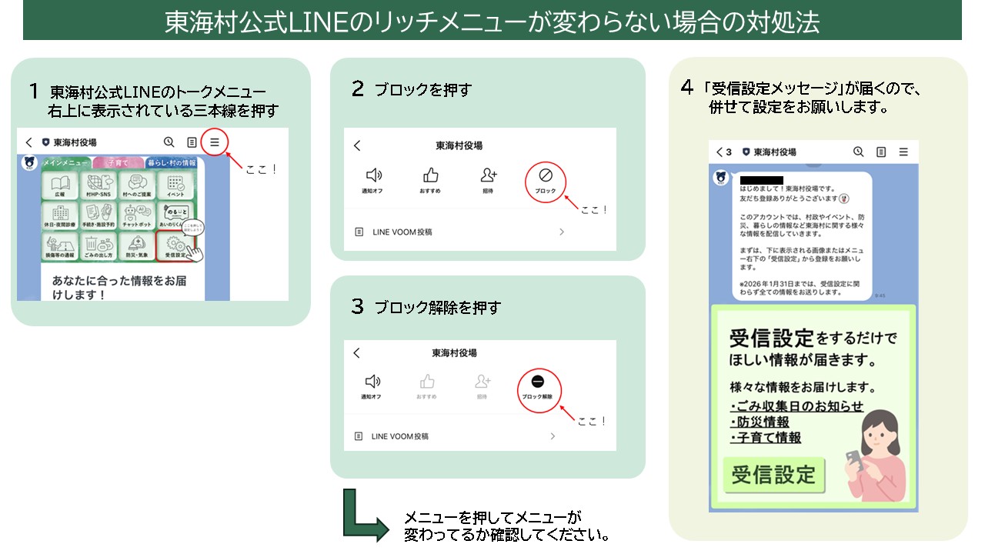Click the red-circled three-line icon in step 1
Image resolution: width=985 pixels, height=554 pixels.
coord(215,142)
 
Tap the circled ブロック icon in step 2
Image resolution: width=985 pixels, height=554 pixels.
coord(546,176)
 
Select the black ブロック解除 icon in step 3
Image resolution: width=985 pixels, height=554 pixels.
coord(538,382)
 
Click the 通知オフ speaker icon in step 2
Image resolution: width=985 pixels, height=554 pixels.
coord(373,175)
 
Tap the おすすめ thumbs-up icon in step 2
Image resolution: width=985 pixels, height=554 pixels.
coord(431,175)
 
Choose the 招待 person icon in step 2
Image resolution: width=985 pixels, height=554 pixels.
coord(489,175)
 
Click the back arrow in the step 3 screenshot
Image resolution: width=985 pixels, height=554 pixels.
coord(356,353)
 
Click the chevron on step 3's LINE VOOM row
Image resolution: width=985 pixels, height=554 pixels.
coord(553,436)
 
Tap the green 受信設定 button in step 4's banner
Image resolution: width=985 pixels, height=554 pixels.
coord(773,476)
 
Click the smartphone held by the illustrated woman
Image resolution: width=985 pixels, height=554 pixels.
coord(854,459)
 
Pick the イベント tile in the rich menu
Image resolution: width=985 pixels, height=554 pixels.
coord(175,186)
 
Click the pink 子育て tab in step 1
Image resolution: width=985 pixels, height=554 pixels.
coord(118,162)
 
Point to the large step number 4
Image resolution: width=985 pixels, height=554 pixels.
coord(687,88)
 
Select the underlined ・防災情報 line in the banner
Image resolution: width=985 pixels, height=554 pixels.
coord(760,422)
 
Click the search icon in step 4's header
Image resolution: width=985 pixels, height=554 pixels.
coord(859,152)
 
